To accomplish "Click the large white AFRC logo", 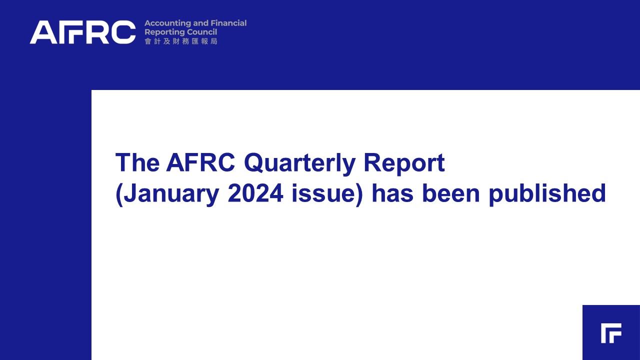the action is coord(82,32).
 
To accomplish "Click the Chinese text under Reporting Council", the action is coord(181,41).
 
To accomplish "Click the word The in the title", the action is coord(137,162).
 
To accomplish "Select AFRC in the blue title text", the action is coord(200,162).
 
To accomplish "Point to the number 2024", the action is coord(255,193).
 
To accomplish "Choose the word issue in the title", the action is coord(323,193).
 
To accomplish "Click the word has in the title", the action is coord(392,193).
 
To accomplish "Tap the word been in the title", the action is coord(450,193).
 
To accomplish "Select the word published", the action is coord(547,194).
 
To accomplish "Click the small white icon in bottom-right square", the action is coord(611,333).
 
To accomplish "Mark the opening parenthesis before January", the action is coord(119,195).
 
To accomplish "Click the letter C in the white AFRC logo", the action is coord(123,32).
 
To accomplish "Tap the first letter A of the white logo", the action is coord(43,32).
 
